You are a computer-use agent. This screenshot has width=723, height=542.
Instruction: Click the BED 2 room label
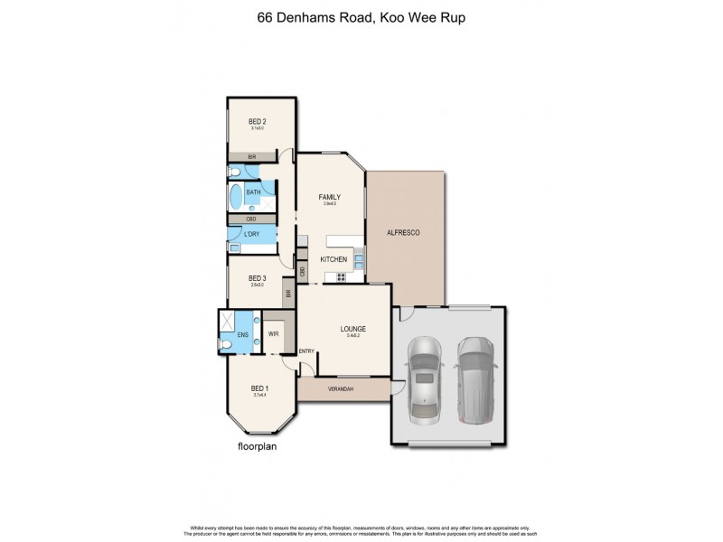(x=258, y=122)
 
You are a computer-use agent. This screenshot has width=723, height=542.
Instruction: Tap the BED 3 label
(x=258, y=278)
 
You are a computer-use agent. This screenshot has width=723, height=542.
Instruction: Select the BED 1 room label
(x=258, y=388)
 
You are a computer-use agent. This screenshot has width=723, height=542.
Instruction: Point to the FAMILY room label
(x=327, y=196)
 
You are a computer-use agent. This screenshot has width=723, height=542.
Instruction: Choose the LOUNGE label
(x=352, y=329)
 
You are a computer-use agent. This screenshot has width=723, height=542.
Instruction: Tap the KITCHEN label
(x=333, y=260)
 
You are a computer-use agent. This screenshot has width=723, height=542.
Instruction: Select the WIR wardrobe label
(x=273, y=333)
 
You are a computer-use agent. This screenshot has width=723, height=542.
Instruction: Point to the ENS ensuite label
(x=242, y=335)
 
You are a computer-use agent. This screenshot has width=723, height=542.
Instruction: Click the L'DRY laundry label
(x=252, y=236)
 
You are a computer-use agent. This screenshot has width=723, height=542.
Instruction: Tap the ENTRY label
(x=307, y=351)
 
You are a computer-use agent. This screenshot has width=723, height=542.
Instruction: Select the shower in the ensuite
(x=226, y=320)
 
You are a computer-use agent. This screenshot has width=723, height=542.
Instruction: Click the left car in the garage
(x=423, y=379)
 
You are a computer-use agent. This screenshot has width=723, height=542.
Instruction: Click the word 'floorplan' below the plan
(x=256, y=446)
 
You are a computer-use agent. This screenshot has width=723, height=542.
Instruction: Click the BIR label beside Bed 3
(x=287, y=293)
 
